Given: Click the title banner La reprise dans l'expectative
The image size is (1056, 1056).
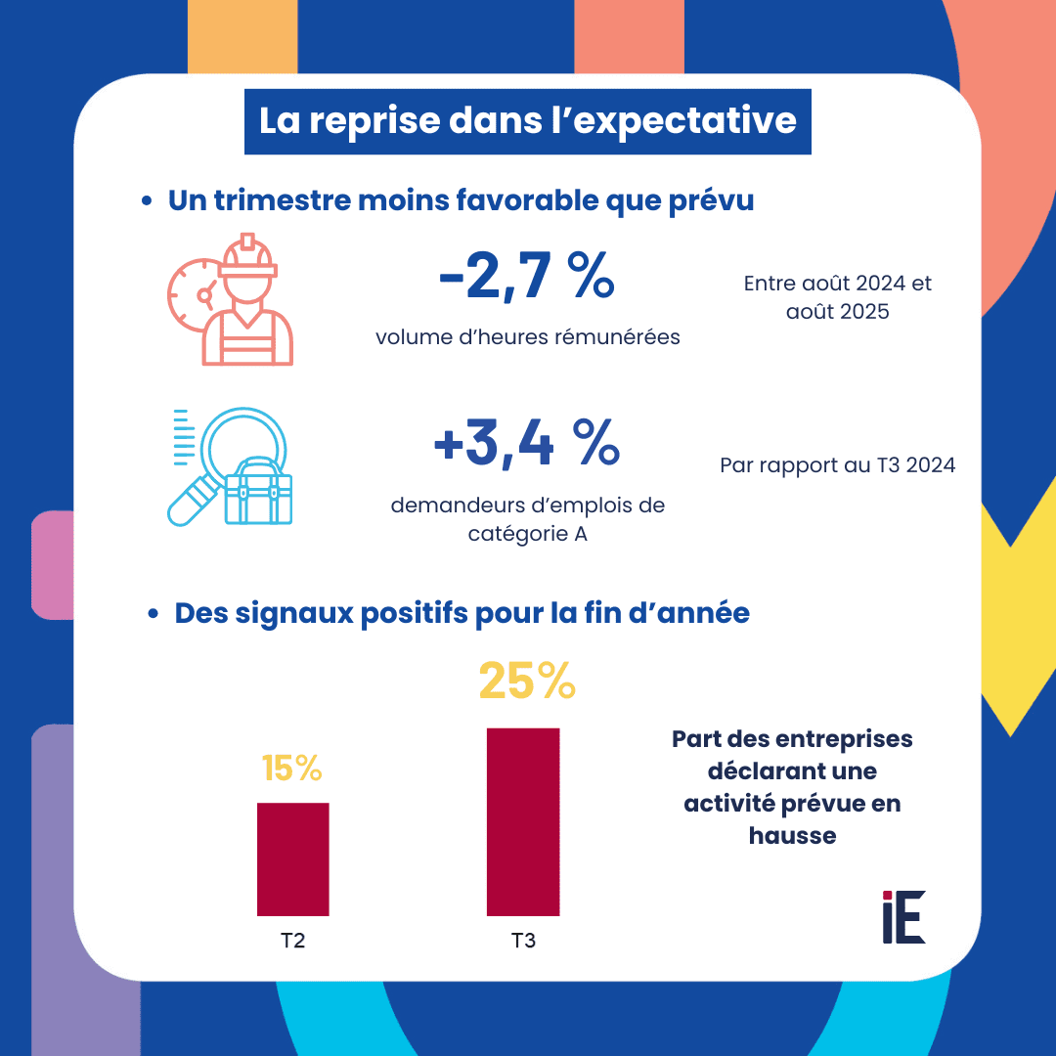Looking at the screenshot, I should [x=527, y=121].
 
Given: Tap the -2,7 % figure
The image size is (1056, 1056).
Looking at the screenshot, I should [x=526, y=277].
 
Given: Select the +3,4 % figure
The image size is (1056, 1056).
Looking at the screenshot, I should [x=526, y=444].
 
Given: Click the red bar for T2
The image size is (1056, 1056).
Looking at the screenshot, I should [x=292, y=858].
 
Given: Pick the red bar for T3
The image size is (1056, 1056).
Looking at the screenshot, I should [x=523, y=821].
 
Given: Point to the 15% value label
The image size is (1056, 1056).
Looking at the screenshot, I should [x=292, y=770].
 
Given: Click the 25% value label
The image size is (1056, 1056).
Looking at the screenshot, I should [x=526, y=682].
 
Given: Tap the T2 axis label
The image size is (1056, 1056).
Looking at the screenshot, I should [x=292, y=941].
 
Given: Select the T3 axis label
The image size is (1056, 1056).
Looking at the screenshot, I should [x=523, y=941].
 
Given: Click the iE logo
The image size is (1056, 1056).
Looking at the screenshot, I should [x=902, y=917].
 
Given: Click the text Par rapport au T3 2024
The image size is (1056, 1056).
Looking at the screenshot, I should [x=837, y=465].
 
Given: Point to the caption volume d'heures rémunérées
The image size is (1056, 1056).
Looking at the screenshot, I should [x=528, y=337].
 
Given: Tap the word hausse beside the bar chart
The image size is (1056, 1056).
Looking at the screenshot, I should [x=792, y=836].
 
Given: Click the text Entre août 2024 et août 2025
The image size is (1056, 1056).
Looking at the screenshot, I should [x=837, y=298].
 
